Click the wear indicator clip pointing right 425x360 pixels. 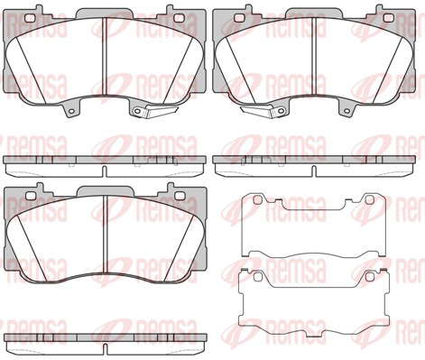[x=162, y=111]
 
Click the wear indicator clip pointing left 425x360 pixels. [x=257, y=111]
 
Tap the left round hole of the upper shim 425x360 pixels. [x=258, y=199]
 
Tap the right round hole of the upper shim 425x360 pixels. [x=369, y=199]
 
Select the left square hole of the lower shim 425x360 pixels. [x=258, y=276]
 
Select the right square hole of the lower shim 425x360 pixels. [x=369, y=276]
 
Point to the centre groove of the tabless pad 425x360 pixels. [x=106, y=236]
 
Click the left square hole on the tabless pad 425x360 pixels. [x=31, y=196]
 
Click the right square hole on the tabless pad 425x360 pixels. [x=180, y=196]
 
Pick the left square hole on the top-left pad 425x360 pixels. [x=29, y=18]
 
